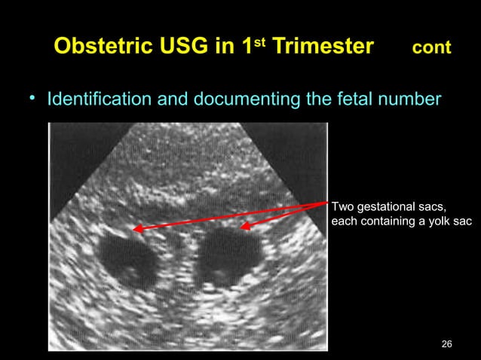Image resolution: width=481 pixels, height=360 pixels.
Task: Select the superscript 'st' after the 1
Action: [x=262, y=41]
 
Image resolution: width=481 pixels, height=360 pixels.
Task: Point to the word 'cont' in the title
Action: [x=431, y=48]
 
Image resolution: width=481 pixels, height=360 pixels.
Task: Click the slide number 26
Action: [x=446, y=344]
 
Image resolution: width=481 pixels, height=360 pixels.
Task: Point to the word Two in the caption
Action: [x=343, y=206]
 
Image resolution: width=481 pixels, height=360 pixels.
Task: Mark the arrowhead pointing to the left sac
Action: [x=138, y=228]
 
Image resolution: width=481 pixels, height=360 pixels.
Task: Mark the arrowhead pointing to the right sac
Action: [x=245, y=225]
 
